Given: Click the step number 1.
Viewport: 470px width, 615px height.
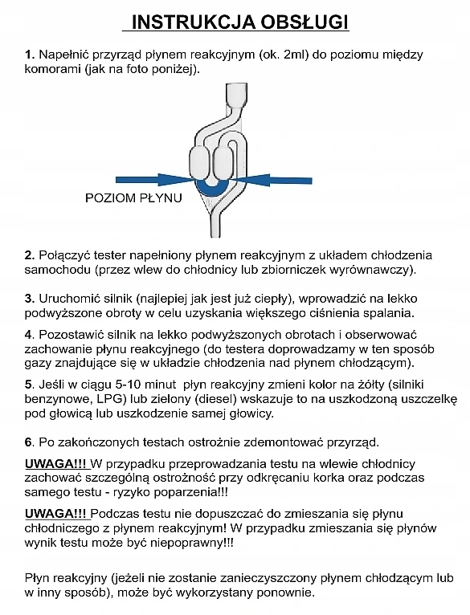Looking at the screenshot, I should [29, 55].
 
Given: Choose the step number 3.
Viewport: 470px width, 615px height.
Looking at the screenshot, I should [29, 297].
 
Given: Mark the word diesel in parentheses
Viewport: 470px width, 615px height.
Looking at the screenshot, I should [179, 399].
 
